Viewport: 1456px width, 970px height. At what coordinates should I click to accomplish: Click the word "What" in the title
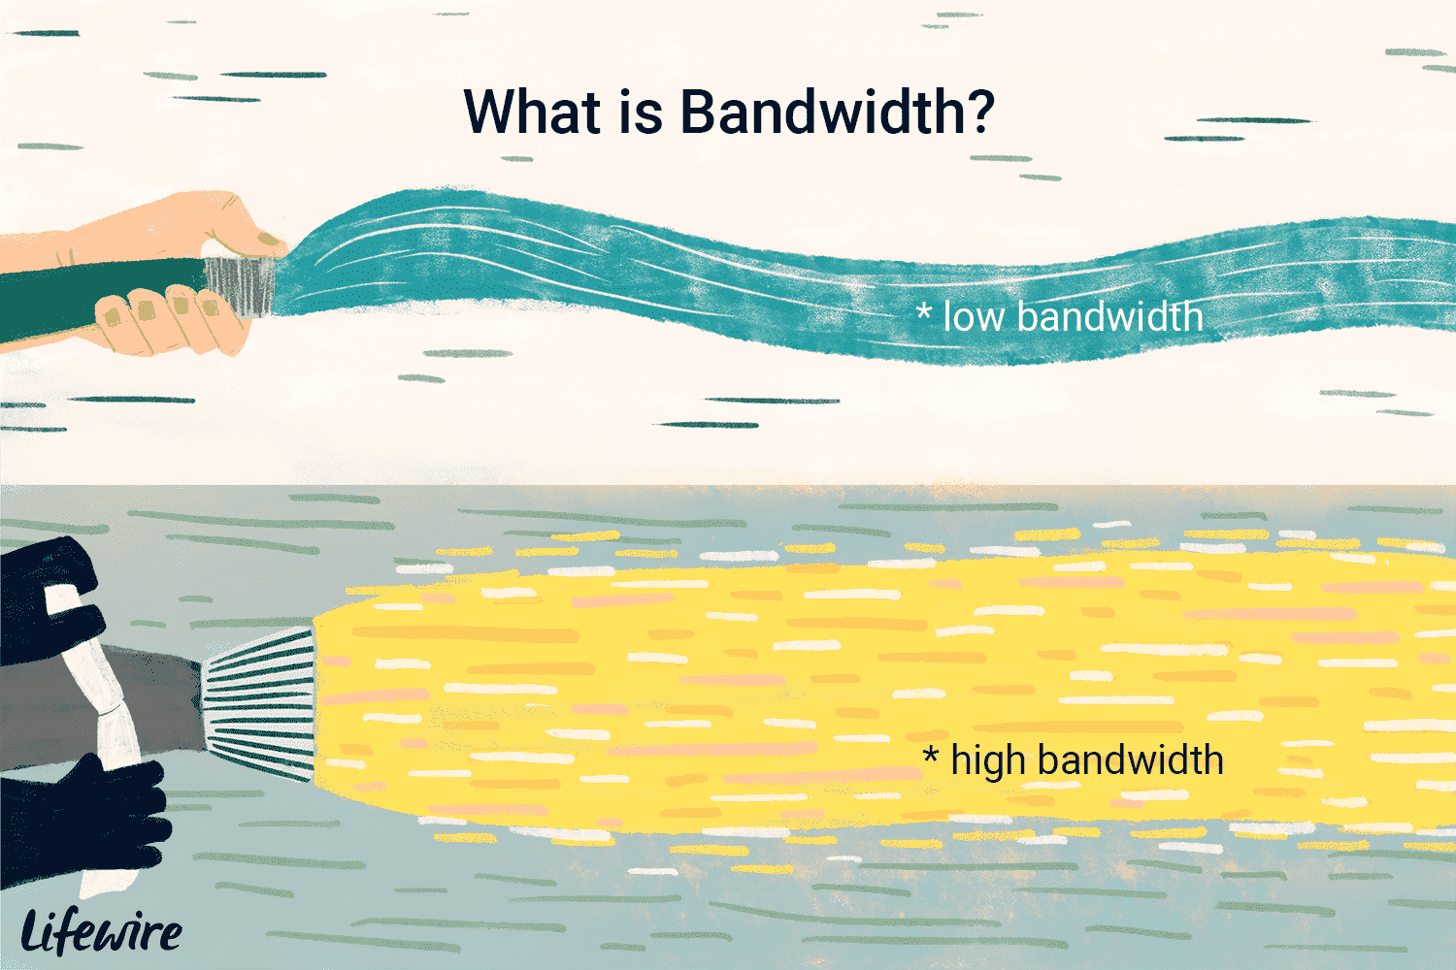[x=532, y=112]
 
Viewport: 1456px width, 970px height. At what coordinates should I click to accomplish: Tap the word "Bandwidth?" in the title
[x=838, y=112]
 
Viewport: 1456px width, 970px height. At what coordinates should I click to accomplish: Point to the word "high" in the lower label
[x=987, y=760]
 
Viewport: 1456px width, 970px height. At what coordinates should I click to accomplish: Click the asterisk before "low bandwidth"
[x=923, y=310]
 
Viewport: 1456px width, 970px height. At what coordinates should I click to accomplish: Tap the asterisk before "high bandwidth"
[x=931, y=755]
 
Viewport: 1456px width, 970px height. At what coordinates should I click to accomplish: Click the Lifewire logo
[x=101, y=931]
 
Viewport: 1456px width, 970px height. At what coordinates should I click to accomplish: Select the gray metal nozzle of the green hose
[x=241, y=286]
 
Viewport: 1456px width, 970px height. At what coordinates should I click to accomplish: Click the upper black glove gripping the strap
[x=49, y=601]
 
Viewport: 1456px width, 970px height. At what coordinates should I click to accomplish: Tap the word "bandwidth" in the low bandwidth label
[x=1110, y=316]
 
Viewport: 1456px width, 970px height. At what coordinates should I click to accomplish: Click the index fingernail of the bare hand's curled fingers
[x=210, y=306]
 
